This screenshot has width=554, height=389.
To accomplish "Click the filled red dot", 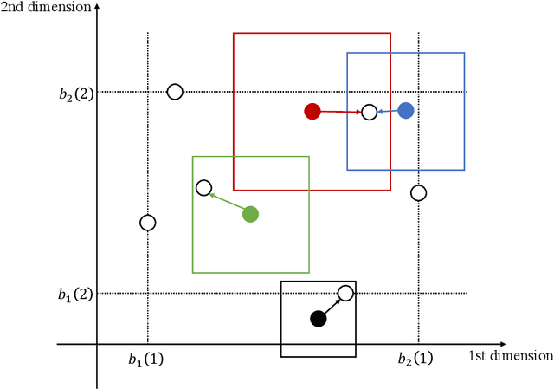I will [x=312, y=111].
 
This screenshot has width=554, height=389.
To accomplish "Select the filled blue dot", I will [x=405, y=110].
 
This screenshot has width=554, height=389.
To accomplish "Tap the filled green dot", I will [x=250, y=214].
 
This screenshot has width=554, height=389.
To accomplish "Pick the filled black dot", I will [x=319, y=319].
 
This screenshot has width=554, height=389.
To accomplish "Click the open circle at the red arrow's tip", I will [x=369, y=112].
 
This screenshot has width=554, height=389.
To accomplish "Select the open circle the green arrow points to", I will [x=203, y=187].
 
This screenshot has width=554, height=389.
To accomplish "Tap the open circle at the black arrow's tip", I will [x=345, y=294].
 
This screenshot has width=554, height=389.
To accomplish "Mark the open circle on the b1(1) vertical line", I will [x=148, y=223].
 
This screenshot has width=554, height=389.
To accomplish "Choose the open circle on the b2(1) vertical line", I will [x=418, y=192].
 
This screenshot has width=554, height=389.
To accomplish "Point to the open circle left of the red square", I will [x=175, y=92].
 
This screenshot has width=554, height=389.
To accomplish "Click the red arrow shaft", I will [x=340, y=112].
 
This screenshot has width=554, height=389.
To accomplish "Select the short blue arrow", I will [x=387, y=111].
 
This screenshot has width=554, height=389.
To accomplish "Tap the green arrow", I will [x=227, y=200].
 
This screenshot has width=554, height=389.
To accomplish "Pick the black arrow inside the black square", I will [x=332, y=307].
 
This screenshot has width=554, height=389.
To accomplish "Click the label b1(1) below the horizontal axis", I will [x=145, y=359].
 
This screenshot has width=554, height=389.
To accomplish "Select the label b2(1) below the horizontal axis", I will [x=415, y=359].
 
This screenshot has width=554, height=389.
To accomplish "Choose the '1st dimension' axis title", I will [x=510, y=356].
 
